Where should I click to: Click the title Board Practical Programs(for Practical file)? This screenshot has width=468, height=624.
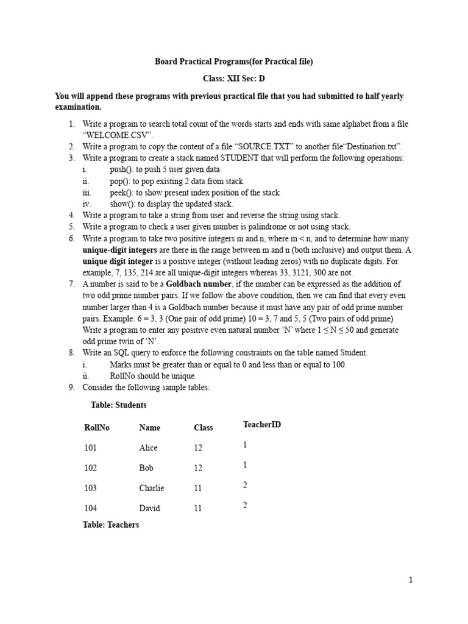234,62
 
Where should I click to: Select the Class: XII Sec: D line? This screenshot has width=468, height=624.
234,79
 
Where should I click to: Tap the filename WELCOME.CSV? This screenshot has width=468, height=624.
118,135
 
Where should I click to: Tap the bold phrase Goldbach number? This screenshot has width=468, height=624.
199,284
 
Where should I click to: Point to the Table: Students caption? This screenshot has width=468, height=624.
118,405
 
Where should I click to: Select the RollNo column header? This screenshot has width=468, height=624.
97,428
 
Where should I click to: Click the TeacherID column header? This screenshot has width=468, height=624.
262,424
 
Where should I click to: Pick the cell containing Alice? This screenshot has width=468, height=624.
148,448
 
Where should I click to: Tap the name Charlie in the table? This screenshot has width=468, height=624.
151,488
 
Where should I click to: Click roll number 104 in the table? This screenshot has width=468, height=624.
91,508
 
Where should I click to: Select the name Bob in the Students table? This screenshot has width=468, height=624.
146,468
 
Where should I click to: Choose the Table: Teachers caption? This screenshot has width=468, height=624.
111,525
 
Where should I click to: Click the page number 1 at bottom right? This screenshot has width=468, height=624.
411,580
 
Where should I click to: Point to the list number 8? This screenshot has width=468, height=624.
71,353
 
